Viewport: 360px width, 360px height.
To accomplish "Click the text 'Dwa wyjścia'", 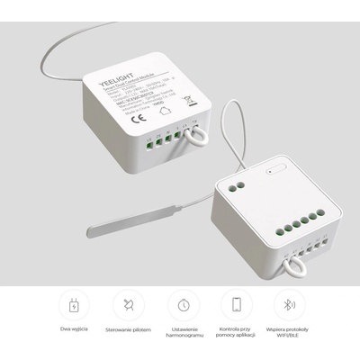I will tap(73, 329).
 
